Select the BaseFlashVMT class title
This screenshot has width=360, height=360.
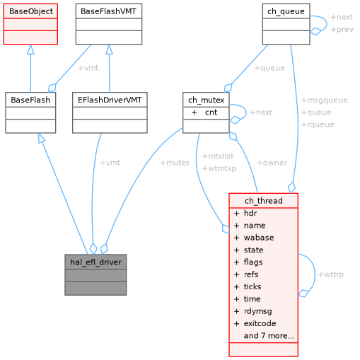pos(110,11)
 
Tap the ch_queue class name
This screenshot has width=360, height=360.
pos(286,11)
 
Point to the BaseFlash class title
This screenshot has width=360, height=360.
pos(30,100)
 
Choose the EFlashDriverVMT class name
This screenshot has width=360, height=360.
pos(110,100)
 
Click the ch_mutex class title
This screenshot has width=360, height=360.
pos(206,100)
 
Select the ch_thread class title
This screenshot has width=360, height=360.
pos(263,201)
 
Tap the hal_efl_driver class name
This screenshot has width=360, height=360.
pos(95,262)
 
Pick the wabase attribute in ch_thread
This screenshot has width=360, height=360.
pos(258,238)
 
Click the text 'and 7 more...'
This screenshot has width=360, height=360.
pos(269,336)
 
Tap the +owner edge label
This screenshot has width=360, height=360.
pos(272,163)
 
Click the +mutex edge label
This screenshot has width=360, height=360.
pos(175,163)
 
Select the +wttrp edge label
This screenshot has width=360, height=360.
pos(330,274)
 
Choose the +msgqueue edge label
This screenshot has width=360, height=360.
pos(324,100)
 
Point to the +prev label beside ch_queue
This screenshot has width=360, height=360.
pos(342,30)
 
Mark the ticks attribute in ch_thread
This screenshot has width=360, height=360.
pos(252,286)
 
